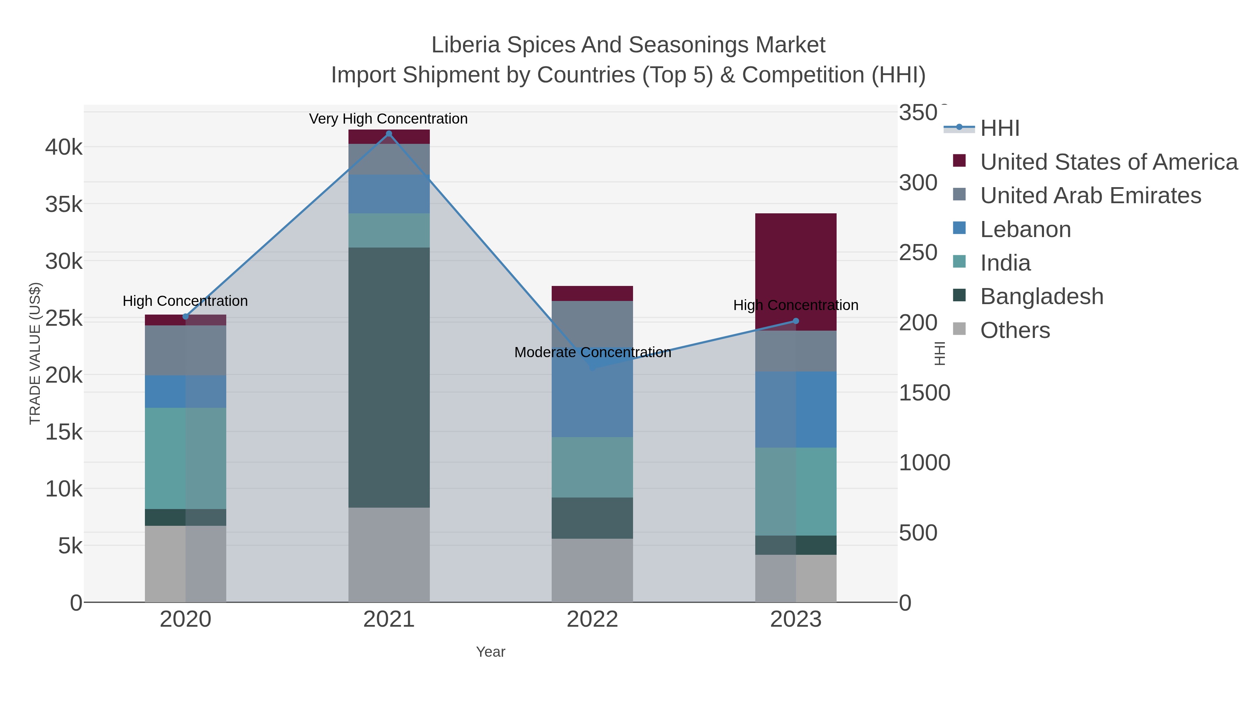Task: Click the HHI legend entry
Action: [x=999, y=128]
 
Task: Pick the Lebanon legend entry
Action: [x=1025, y=229]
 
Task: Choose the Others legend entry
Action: [x=1014, y=330]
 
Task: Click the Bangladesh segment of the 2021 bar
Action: [x=389, y=377]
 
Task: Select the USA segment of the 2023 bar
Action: [x=795, y=272]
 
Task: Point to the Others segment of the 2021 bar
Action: [x=389, y=554]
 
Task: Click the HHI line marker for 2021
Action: [x=389, y=134]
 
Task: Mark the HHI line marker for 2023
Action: [x=796, y=321]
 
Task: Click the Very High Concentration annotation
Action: [x=388, y=119]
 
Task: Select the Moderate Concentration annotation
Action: [x=593, y=352]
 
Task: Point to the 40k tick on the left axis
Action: [x=64, y=147]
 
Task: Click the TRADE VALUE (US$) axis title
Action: [x=35, y=353]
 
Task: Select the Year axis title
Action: [x=491, y=652]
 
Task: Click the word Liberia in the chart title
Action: [x=465, y=45]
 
